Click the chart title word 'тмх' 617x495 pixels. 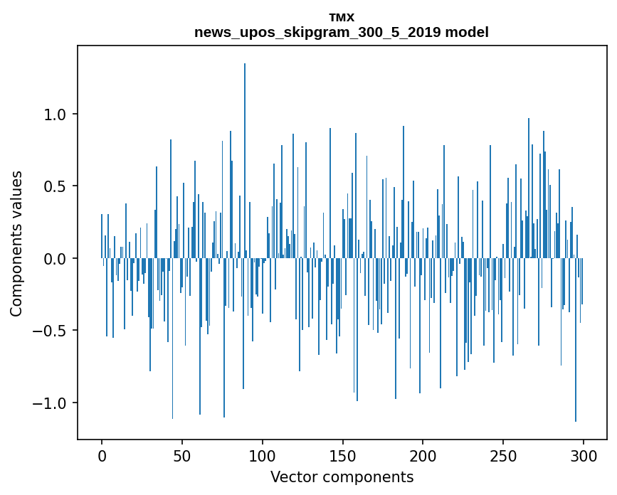[x=342, y=17]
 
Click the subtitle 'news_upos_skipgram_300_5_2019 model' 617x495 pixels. [x=342, y=32]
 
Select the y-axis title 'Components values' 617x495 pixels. [x=16, y=243]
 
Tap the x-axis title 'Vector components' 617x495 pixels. [x=342, y=477]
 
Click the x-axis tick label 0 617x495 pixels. [x=102, y=455]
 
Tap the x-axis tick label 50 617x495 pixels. [x=182, y=455]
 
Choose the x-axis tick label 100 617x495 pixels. [x=263, y=455]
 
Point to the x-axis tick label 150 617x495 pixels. [x=342, y=455]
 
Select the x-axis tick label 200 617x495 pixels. [x=423, y=455]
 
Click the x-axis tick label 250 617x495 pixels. [x=503, y=455]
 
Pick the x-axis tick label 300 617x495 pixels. [x=584, y=455]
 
